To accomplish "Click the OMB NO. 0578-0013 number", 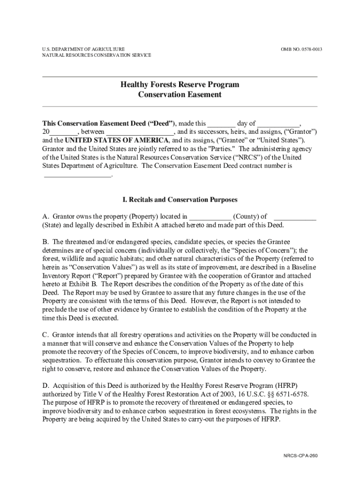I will point(301,49).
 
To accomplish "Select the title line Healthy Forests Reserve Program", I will point(180,85).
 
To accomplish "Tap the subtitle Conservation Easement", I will point(180,94).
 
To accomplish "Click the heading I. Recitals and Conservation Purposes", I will point(180,200).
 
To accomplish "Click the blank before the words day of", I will point(222,124).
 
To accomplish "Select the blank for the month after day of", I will point(278,124).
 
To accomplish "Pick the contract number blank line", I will point(78,175).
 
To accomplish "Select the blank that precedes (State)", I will point(295,217).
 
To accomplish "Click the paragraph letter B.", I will point(45,242).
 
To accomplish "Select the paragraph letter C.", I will point(45,335).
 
